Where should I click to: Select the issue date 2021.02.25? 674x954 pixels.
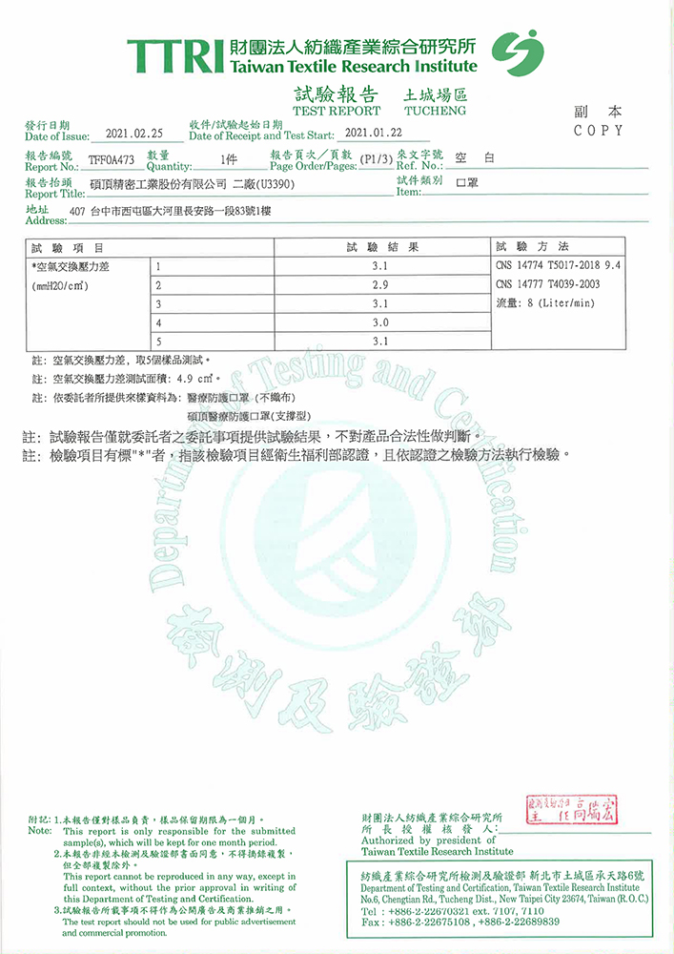click(x=135, y=135)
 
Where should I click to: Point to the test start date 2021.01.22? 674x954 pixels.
click(x=372, y=135)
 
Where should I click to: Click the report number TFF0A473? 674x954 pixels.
click(x=112, y=160)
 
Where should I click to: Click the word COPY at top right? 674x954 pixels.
click(x=599, y=131)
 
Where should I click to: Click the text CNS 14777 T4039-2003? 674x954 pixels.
click(x=547, y=284)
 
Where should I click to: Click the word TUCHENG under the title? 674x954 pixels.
click(x=436, y=111)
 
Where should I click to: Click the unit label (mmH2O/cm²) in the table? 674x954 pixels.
click(x=61, y=285)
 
